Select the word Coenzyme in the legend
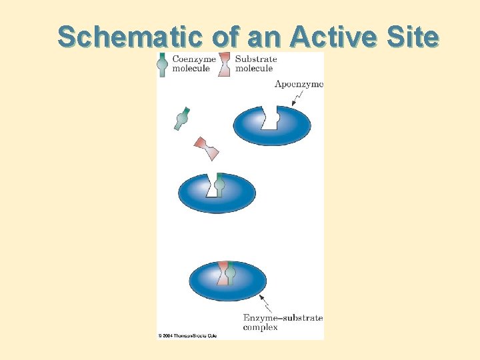click(x=195, y=59)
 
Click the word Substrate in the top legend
click(x=256, y=59)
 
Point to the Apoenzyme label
click(x=299, y=84)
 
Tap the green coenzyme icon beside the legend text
click(x=162, y=65)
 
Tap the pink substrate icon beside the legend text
click(x=225, y=64)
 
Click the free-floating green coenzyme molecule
click(x=181, y=119)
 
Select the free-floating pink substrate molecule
click(x=206, y=148)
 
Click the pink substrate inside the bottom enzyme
click(x=223, y=273)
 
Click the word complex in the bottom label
click(x=260, y=327)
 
